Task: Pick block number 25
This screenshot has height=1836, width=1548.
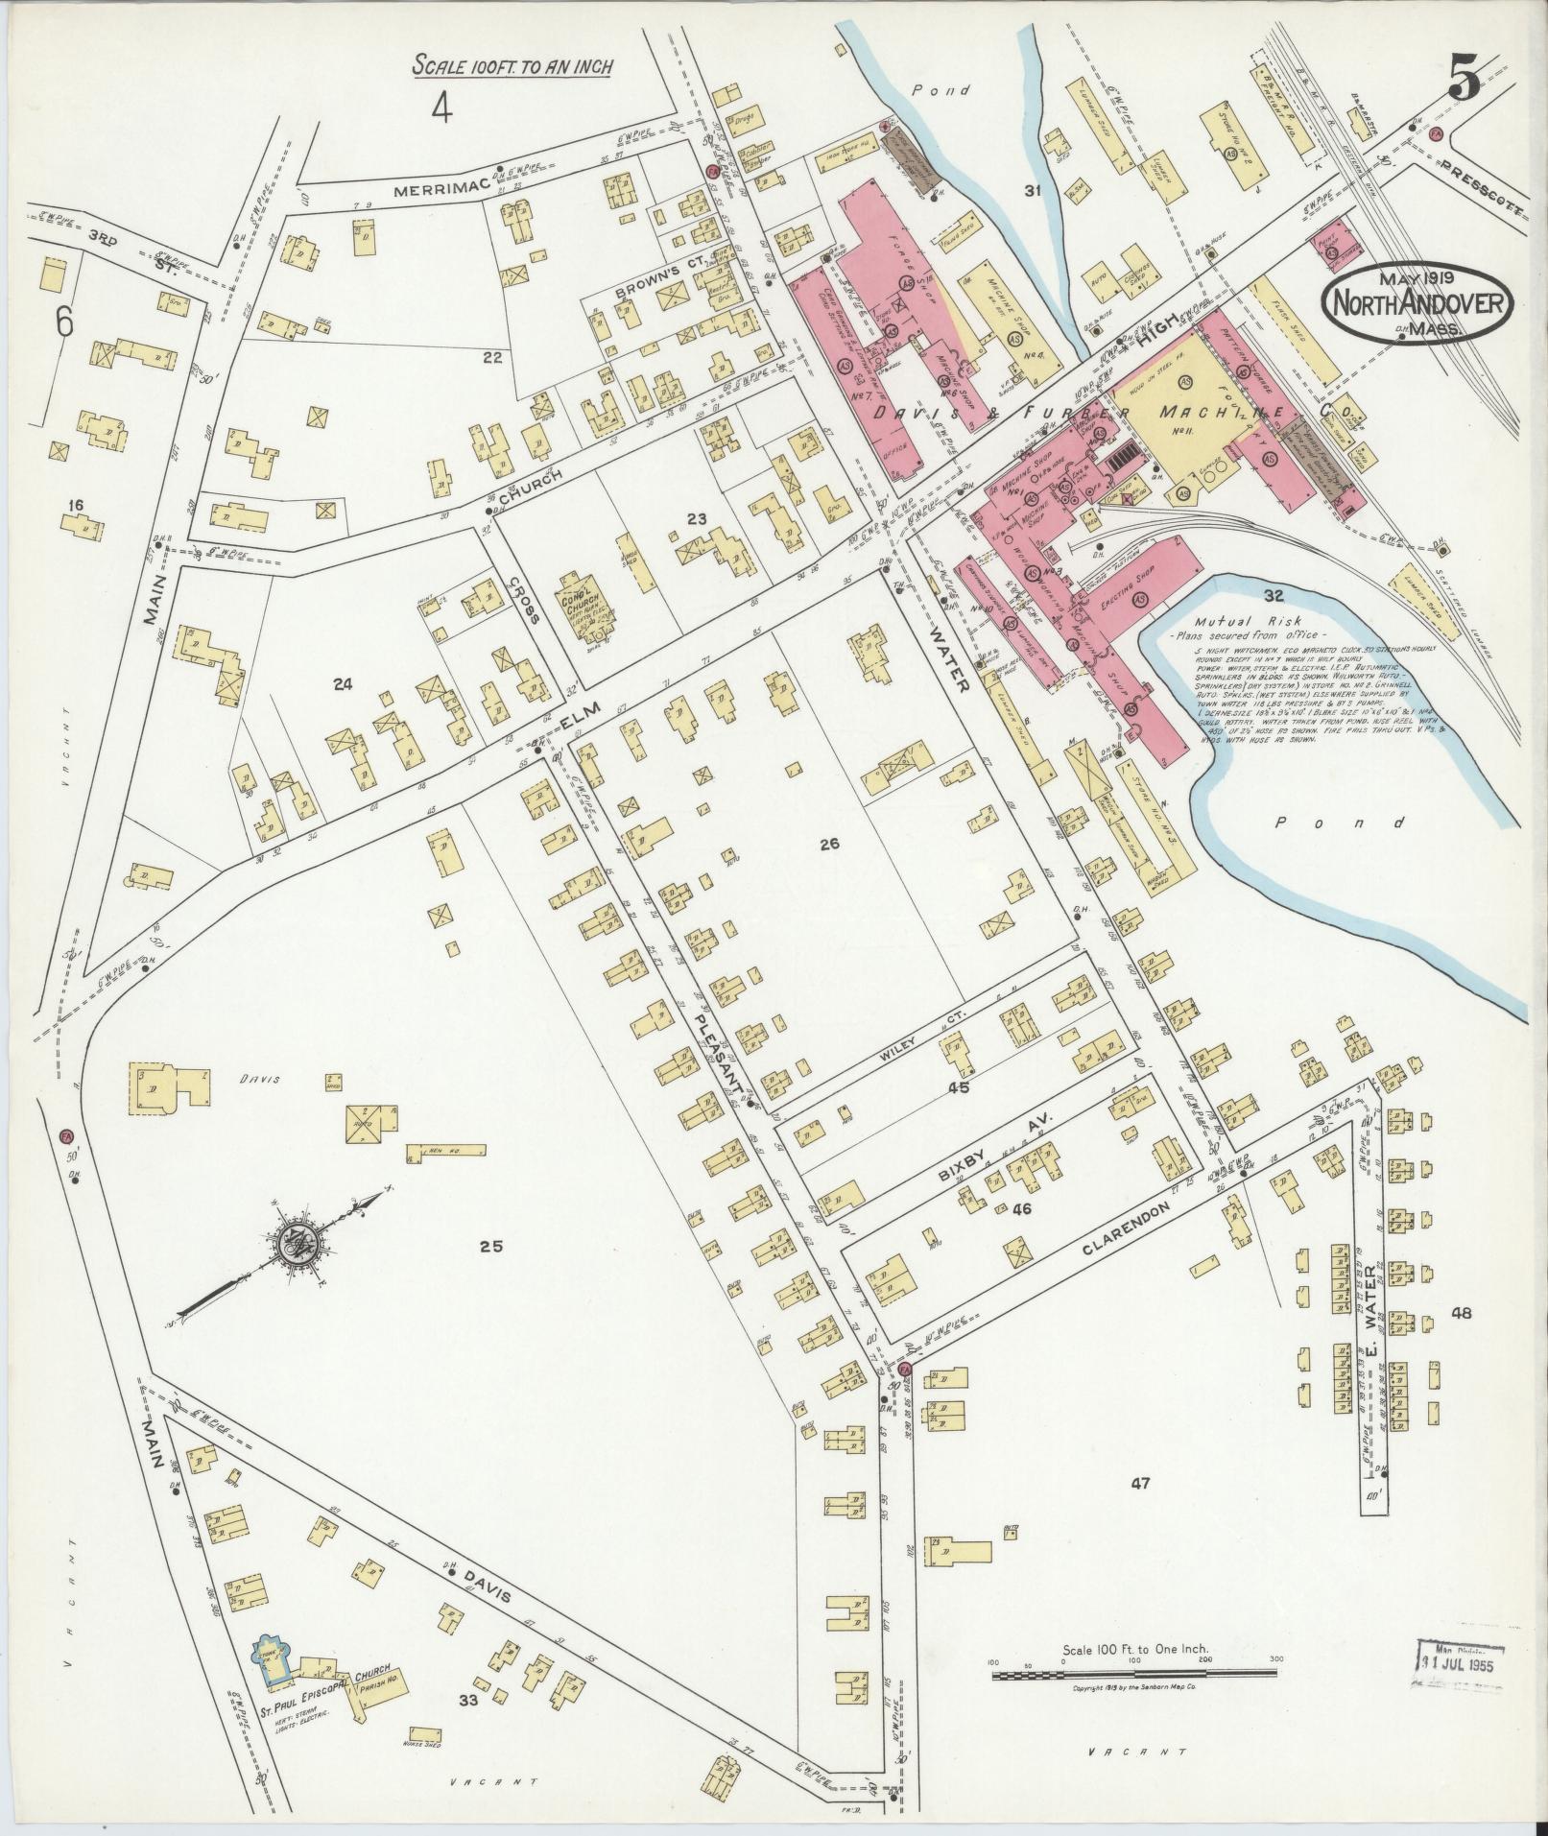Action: (491, 1247)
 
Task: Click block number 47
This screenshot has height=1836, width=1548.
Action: (1139, 1483)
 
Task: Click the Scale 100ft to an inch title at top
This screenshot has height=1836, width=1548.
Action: (512, 65)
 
